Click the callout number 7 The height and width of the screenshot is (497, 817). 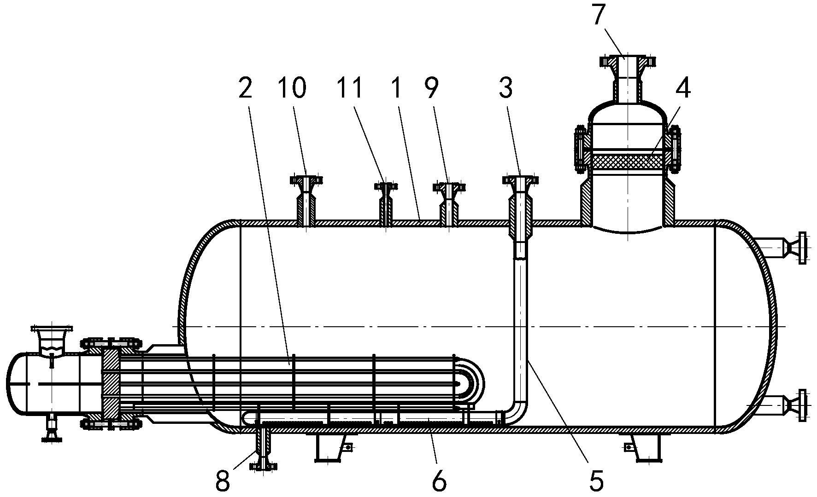click(599, 15)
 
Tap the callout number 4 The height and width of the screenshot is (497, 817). click(682, 88)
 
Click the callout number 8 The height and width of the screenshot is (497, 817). click(223, 481)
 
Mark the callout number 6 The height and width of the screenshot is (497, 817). click(439, 481)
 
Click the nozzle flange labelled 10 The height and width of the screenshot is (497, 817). click(306, 180)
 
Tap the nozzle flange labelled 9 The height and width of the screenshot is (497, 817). click(449, 187)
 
